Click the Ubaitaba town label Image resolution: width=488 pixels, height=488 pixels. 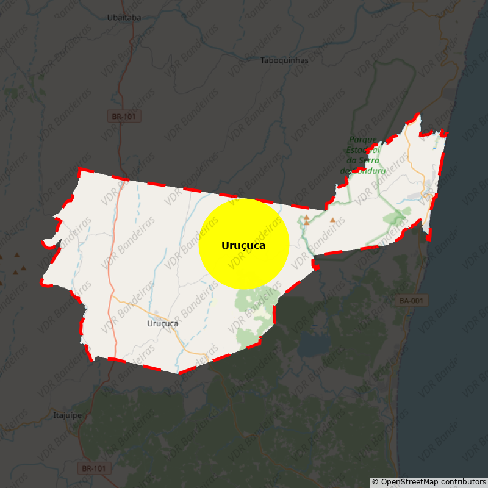point(124,18)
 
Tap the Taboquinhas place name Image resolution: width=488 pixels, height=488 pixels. point(284,60)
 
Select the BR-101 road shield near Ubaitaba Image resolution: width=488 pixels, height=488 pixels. point(124,117)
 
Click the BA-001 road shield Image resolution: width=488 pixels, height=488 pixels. point(411,301)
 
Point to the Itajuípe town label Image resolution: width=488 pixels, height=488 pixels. point(68,415)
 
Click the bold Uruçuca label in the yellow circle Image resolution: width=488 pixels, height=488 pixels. point(243,245)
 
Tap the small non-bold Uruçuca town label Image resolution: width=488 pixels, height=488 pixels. point(163,323)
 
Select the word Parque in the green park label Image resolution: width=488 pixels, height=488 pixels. point(363,140)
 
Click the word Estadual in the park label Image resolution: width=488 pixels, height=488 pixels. point(363,150)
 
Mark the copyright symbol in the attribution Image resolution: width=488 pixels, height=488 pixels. point(375,482)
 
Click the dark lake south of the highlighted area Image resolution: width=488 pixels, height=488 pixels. point(314,346)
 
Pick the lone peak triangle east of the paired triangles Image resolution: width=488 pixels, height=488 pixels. point(332,220)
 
